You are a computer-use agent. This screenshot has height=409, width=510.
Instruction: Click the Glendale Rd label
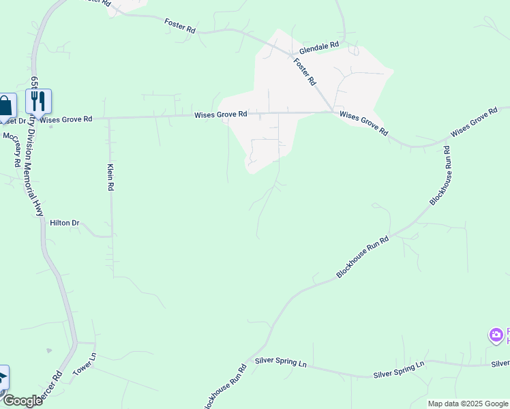pyautogui.click(x=318, y=46)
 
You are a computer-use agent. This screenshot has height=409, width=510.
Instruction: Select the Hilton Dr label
pyautogui.click(x=65, y=223)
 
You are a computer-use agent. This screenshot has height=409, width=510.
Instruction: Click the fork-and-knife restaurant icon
pyautogui.click(x=39, y=102)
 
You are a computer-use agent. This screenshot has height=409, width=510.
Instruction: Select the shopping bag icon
pyautogui.click(x=5, y=106)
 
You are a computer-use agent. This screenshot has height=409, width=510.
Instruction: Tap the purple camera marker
pyautogui.click(x=496, y=335)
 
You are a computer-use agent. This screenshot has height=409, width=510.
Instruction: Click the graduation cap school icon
pyautogui.click(x=2, y=377)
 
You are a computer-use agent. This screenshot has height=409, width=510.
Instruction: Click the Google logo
pyautogui.click(x=22, y=401)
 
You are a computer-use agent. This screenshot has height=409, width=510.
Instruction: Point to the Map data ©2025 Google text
pyautogui.click(x=468, y=404)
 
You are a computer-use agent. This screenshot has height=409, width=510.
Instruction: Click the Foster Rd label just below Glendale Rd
pyautogui.click(x=305, y=72)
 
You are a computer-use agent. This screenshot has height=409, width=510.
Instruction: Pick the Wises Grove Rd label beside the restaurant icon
pyautogui.click(x=66, y=120)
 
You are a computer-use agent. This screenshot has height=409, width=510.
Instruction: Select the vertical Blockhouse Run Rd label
pyautogui.click(x=441, y=177)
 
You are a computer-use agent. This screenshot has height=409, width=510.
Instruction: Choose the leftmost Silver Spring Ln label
pyautogui.click(x=280, y=361)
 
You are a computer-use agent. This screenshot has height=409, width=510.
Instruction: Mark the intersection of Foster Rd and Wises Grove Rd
pyautogui.click(x=332, y=111)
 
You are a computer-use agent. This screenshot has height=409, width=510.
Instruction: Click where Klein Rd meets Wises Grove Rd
pyautogui.click(x=110, y=118)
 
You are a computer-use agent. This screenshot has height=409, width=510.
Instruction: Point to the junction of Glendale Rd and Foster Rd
pyautogui.click(x=291, y=54)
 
